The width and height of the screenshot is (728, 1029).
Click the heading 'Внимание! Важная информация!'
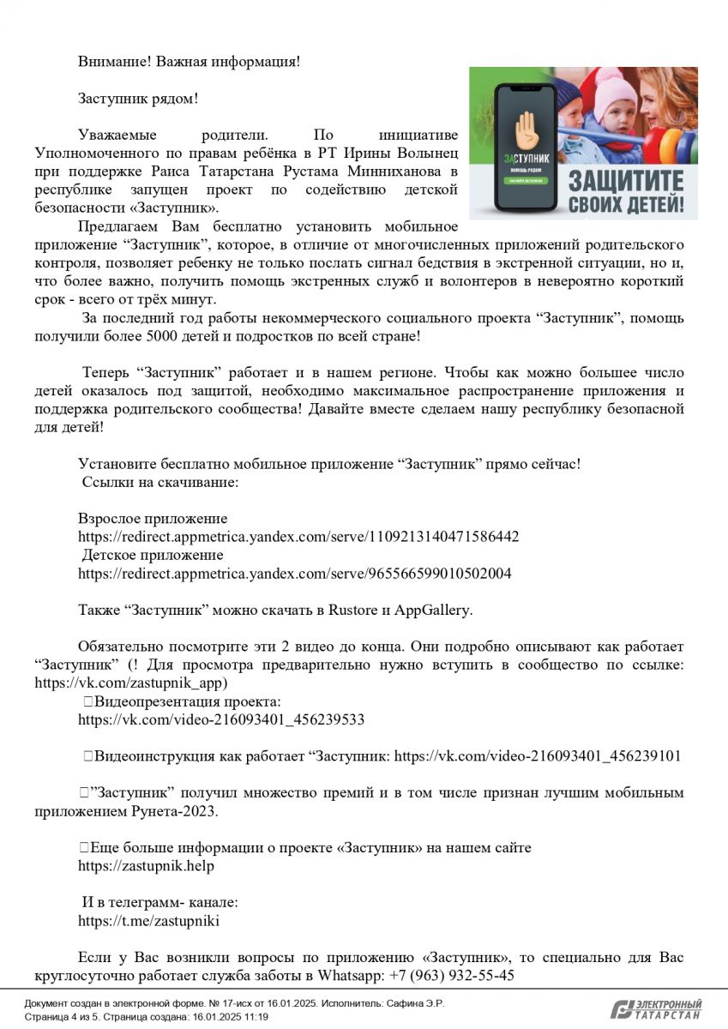click(189, 62)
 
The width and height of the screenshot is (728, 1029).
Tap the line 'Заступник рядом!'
click(138, 99)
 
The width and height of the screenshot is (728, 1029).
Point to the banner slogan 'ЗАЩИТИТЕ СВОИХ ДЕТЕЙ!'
click(626, 192)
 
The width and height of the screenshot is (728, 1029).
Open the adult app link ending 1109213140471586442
click(298, 537)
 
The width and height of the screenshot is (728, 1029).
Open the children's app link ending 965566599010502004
click(294, 574)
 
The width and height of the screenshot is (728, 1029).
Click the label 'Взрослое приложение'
click(153, 519)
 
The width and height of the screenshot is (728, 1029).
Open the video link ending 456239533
click(221, 720)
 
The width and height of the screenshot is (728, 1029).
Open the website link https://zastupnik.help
click(146, 866)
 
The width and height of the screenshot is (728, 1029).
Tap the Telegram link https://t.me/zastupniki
click(148, 921)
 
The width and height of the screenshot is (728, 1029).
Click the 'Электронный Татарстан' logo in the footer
click(656, 1009)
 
